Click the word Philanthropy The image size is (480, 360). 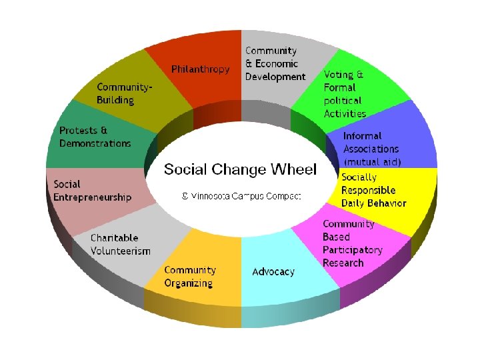click(x=200, y=69)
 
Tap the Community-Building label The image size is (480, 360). click(x=125, y=93)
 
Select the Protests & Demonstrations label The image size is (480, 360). click(x=95, y=137)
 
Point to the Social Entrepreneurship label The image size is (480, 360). click(x=92, y=191)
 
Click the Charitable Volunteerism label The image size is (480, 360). click(x=121, y=244)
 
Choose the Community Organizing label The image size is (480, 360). click(x=190, y=277)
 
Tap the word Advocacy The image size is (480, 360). click(x=273, y=272)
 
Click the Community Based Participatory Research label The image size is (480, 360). click(x=352, y=243)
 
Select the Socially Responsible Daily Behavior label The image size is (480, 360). click(x=373, y=190)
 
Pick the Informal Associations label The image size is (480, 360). click(x=371, y=143)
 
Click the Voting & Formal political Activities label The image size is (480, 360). click(x=345, y=94)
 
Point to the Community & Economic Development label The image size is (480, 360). click(x=275, y=63)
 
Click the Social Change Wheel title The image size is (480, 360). click(x=240, y=169)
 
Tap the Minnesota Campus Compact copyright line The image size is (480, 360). click(x=242, y=196)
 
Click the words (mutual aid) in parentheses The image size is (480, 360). click(x=372, y=162)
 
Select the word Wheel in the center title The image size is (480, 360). click(x=293, y=169)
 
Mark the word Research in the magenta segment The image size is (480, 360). click(x=343, y=263)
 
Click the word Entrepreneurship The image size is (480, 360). click(x=92, y=197)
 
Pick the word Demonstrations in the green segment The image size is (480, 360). click(x=95, y=143)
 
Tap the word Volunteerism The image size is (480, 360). click(x=121, y=251)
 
